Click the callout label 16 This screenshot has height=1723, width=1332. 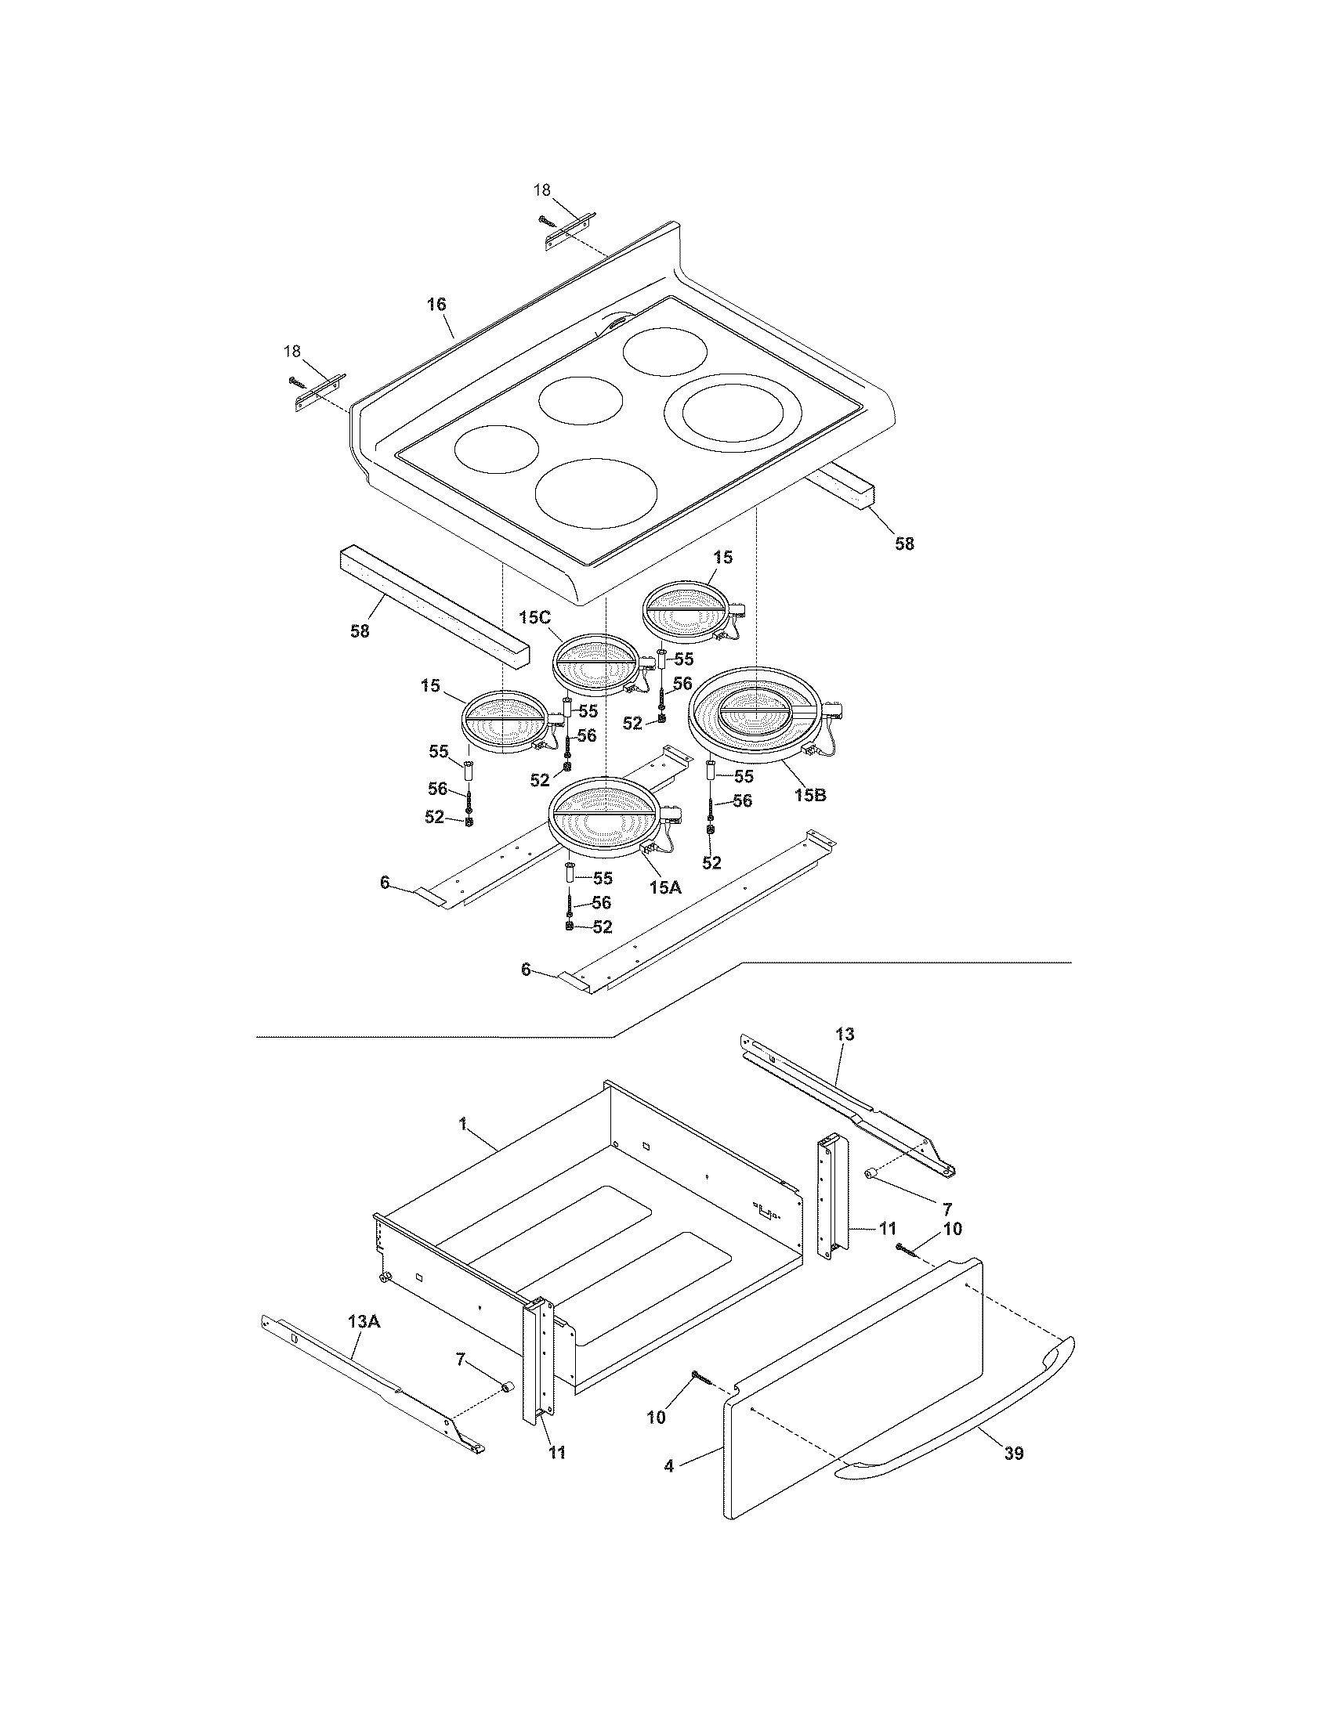point(436,305)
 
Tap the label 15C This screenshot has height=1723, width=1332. point(534,618)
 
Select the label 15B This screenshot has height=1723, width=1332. point(809,794)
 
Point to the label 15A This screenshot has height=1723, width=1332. point(664,887)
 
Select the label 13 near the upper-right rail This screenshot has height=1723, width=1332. point(845,1035)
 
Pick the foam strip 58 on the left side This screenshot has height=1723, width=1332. point(430,608)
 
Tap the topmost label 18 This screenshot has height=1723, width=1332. point(542,190)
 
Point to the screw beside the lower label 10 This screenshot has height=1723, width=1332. point(701,1378)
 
